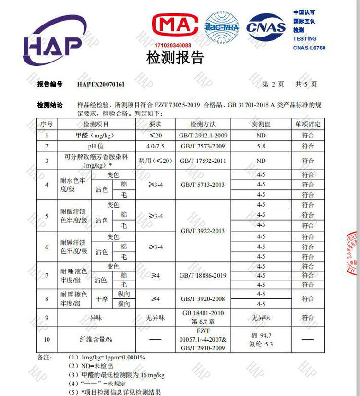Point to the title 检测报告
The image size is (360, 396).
click(175, 58)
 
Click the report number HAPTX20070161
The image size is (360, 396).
click(101, 84)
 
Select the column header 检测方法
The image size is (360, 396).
click(203, 124)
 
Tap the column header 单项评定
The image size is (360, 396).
click(308, 124)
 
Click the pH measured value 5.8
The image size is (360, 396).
click(261, 146)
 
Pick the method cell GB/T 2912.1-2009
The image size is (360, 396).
click(203, 136)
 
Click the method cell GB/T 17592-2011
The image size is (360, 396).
click(203, 161)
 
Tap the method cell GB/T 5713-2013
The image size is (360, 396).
click(203, 185)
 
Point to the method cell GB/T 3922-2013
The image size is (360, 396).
click(203, 231)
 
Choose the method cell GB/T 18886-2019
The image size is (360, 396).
click(203, 275)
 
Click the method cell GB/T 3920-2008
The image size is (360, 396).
click(203, 299)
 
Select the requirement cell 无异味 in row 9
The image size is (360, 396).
click(155, 318)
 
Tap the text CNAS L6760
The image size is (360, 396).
click(309, 48)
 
